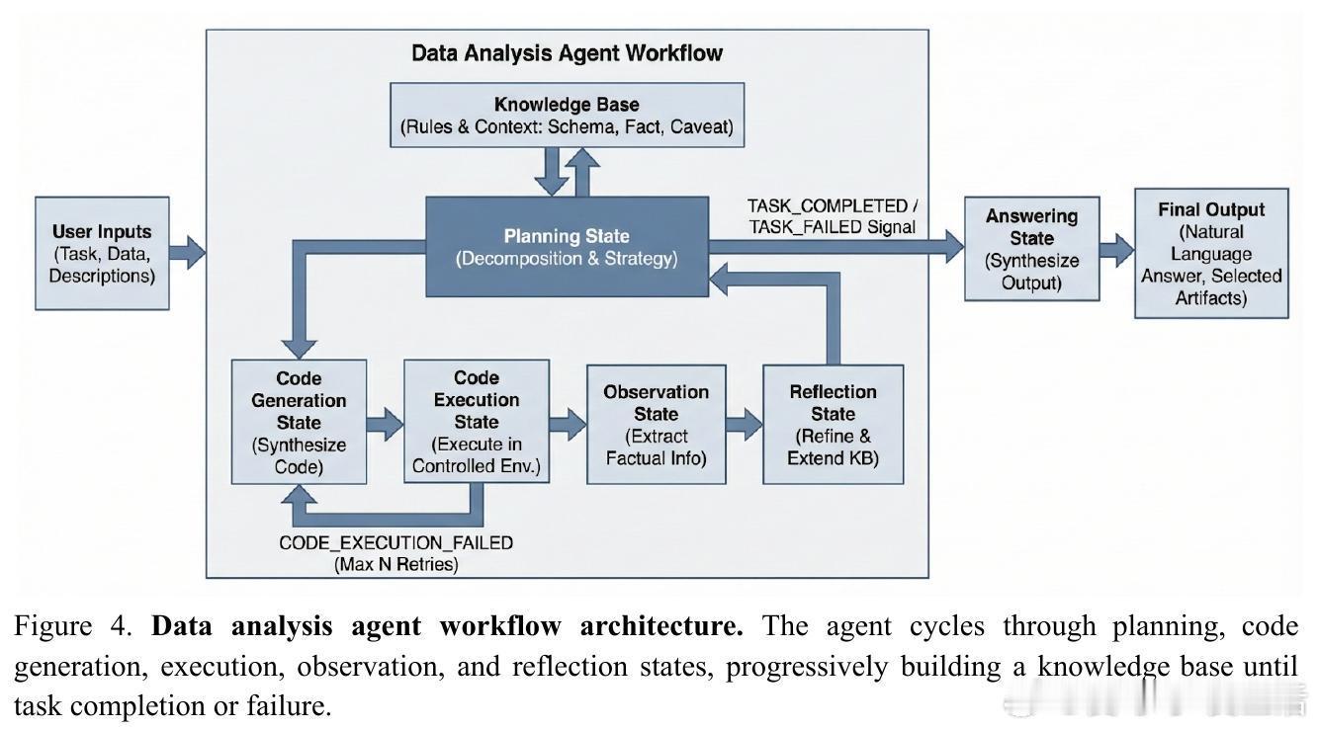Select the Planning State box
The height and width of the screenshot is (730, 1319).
(567, 247)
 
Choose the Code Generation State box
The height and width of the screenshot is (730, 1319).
(299, 422)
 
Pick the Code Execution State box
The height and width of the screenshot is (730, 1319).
(477, 422)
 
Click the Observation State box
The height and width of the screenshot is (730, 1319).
(656, 425)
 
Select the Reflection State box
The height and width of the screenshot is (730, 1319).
(833, 425)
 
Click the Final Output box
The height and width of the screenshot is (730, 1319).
(1211, 253)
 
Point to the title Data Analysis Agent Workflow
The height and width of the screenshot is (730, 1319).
(567, 52)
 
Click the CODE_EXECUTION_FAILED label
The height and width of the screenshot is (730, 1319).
(396, 542)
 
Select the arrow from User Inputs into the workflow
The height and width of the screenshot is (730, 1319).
(187, 253)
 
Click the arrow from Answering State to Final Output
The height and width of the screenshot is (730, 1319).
(1116, 249)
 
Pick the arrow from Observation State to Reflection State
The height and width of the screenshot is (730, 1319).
(744, 425)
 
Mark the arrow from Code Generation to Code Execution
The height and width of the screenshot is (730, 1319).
(385, 425)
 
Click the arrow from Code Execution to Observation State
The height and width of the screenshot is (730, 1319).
(568, 425)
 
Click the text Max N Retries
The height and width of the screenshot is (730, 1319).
(396, 564)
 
